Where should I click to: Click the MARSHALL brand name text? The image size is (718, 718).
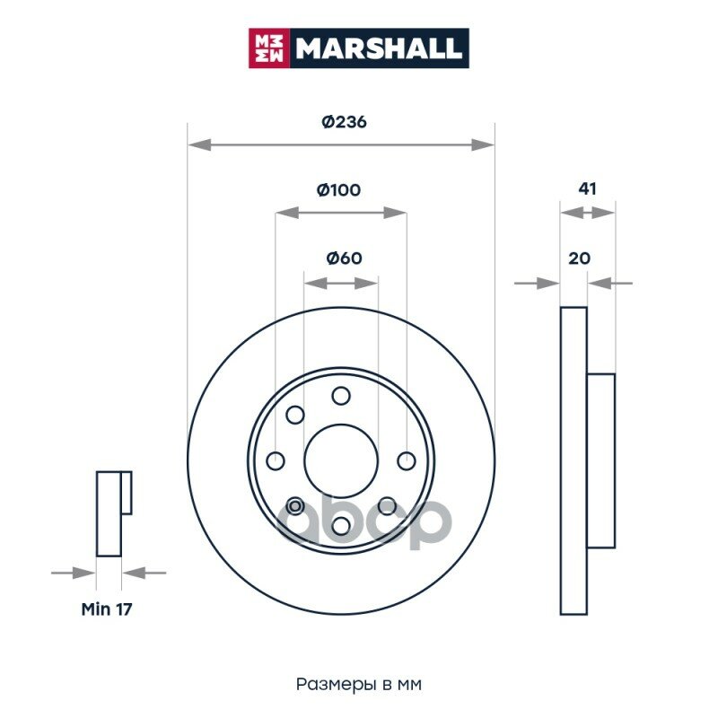(x=378, y=48)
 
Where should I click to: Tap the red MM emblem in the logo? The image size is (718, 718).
(x=269, y=48)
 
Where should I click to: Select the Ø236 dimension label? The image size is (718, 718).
(x=344, y=122)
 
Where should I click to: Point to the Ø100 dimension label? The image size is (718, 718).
(x=339, y=189)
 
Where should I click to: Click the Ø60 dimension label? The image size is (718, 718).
(x=344, y=258)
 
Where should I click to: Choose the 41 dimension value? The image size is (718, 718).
(x=587, y=188)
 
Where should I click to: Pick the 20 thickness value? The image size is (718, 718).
(x=579, y=258)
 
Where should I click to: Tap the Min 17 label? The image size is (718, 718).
(x=107, y=609)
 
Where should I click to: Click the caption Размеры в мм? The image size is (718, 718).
(x=359, y=684)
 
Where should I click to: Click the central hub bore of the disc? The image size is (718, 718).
(x=341, y=460)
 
